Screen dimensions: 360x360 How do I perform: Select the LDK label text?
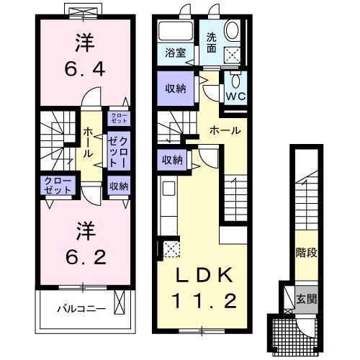202,275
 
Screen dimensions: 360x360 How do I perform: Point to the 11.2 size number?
202,300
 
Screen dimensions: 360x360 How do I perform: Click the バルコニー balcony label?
82,309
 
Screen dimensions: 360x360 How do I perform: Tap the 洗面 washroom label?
211,42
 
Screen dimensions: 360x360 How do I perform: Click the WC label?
235,95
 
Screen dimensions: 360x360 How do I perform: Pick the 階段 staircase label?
306,253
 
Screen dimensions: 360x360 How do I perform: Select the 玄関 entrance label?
306,297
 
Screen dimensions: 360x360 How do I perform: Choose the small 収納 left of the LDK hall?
171,160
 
